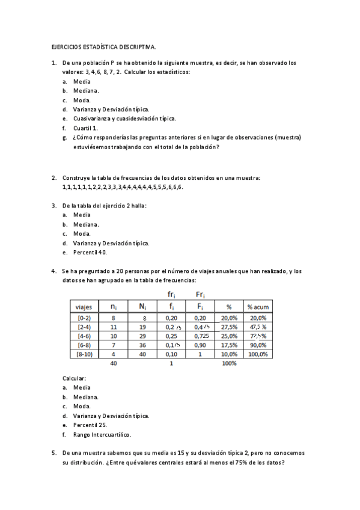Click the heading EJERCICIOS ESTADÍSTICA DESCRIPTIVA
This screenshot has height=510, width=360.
103,46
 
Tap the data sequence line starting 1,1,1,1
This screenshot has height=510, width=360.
123,187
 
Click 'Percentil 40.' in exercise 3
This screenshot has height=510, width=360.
90,253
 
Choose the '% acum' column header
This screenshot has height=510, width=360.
258,307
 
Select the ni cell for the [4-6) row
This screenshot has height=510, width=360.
114,336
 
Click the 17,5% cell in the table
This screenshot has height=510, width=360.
229,345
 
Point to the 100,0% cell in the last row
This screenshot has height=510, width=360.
258,355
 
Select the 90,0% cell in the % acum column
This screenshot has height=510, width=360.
258,345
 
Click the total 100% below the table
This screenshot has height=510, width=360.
229,364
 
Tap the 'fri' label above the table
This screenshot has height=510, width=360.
171,294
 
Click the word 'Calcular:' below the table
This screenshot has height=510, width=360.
75,378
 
